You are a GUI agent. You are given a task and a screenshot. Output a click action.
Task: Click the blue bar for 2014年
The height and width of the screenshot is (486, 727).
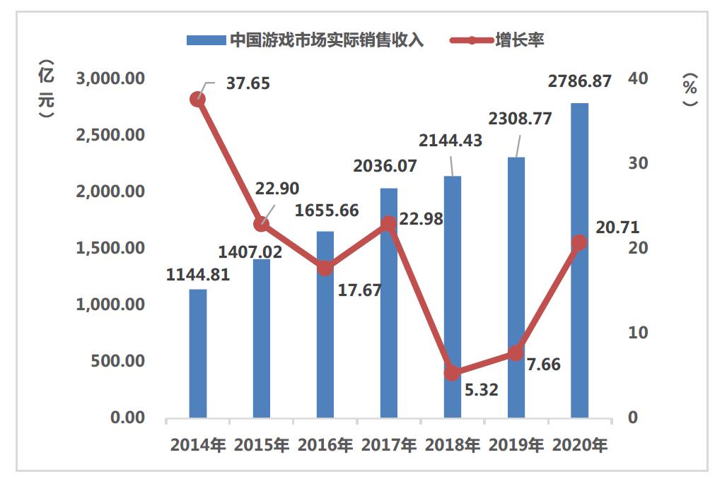tap(198, 353)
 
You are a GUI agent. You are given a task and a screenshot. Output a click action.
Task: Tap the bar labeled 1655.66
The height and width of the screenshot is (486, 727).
tap(325, 324)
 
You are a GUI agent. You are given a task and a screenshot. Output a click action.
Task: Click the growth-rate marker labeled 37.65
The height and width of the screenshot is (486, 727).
tap(198, 100)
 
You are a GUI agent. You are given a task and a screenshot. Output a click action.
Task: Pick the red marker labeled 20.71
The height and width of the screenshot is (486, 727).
tap(580, 242)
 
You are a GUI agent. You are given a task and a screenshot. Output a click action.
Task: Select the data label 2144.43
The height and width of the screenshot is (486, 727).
tap(450, 140)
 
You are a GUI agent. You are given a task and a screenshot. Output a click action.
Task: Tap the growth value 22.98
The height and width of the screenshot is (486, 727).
tap(421, 218)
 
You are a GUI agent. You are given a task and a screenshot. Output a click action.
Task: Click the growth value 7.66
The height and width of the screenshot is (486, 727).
tap(544, 364)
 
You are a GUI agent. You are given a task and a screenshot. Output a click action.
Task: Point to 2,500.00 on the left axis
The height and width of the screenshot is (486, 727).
tap(110, 135)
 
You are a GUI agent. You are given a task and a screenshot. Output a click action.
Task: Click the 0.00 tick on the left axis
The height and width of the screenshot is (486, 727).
tap(127, 417)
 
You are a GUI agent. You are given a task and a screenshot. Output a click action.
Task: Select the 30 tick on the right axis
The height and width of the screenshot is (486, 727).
tap(638, 163)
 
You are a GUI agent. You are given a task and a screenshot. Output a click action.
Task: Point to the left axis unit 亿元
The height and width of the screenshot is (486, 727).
tap(46, 90)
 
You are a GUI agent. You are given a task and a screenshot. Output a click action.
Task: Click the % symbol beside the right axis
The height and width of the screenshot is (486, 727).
tap(690, 88)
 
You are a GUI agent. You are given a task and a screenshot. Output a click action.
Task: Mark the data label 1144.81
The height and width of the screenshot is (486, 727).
tap(198, 275)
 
